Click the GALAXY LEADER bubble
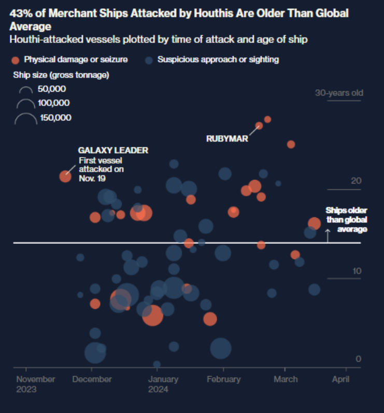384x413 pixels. click(x=65, y=176)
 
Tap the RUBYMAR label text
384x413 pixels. click(x=227, y=139)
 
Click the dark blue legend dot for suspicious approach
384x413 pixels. click(x=149, y=60)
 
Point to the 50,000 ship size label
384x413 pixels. click(x=51, y=89)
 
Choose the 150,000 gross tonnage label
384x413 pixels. click(x=55, y=118)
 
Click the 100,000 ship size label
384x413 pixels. click(x=53, y=103)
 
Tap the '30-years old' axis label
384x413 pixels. click(x=339, y=93)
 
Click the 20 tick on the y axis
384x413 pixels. click(x=355, y=181)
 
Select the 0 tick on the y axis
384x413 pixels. click(x=358, y=359)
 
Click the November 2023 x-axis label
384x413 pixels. click(x=35, y=384)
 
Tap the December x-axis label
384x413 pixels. click(x=92, y=379)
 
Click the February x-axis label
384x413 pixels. click(x=223, y=379)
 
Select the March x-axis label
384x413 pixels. click(x=285, y=379)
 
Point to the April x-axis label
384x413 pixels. click(x=340, y=379)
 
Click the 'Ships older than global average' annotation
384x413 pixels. click(x=347, y=219)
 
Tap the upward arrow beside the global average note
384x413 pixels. click(x=327, y=235)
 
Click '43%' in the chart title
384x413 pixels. click(x=19, y=13)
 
